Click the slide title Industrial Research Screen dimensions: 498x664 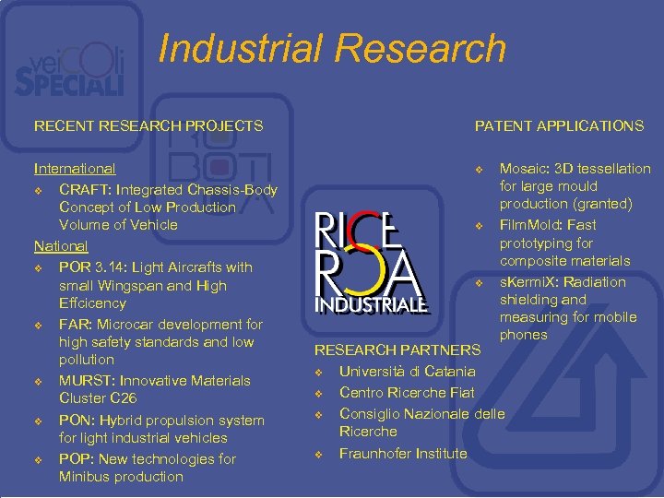[332, 49]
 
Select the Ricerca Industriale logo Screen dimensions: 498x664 [369, 264]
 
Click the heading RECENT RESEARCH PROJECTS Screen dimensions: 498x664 [148, 125]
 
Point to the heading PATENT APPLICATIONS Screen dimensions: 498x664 [559, 125]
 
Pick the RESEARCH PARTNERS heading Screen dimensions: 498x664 [397, 350]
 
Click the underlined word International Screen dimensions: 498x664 [75, 169]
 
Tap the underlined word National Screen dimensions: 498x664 [61, 246]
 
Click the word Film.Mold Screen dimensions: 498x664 [536, 225]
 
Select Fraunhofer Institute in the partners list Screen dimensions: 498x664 [403, 453]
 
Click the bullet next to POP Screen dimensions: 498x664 [38, 460]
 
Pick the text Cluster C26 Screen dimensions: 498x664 [98, 398]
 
